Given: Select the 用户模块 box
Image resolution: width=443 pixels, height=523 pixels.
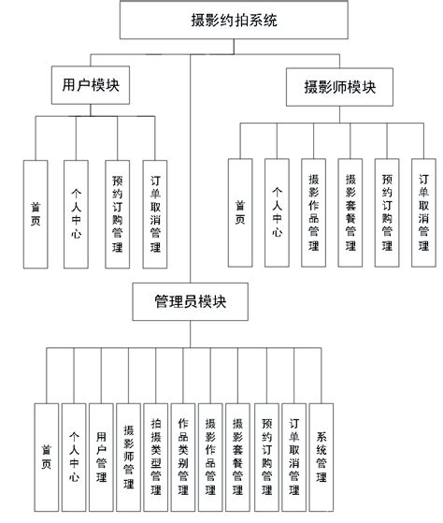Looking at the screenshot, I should [89, 86].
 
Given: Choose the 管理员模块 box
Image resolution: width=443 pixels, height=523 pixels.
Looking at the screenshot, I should [189, 301].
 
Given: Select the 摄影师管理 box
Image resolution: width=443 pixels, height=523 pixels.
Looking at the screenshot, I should [129, 456].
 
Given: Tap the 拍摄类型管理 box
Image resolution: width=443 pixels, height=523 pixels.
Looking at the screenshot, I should [156, 456].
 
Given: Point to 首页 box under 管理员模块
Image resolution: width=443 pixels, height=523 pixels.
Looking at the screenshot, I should [45, 456].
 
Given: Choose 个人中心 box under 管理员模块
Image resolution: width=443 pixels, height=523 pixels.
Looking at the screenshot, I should [74, 456].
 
